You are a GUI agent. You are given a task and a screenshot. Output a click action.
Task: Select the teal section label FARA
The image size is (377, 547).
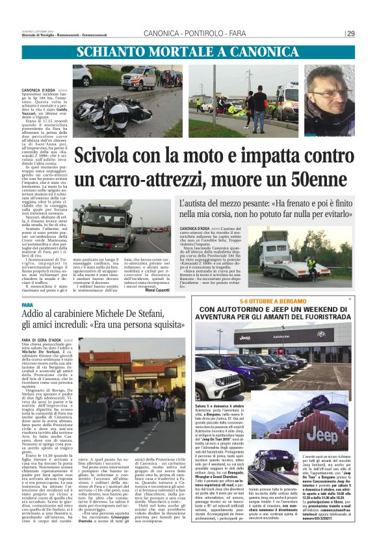[x=27, y=305]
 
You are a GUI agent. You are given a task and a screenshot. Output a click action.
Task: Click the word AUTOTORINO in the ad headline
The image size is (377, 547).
[x=235, y=310]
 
